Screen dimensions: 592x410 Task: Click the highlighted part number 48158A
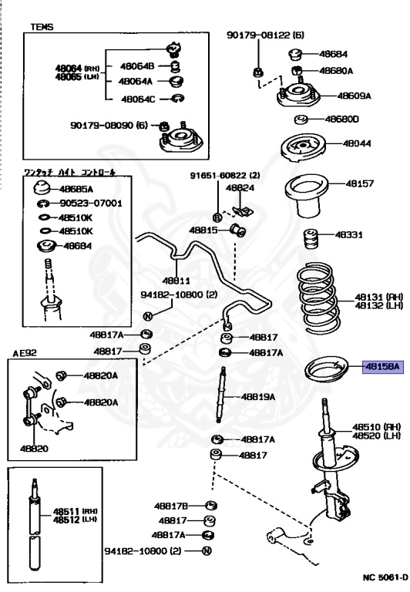382,368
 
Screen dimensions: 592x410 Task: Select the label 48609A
354,96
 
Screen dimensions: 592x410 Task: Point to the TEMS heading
42,26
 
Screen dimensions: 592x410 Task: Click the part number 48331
347,234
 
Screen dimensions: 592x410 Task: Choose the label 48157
359,184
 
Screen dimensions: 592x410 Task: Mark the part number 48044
357,143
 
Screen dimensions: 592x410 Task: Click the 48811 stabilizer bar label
176,281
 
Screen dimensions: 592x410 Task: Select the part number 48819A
257,397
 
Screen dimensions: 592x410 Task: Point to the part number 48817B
170,506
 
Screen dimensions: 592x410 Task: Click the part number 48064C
138,99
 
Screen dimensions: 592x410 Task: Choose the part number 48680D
341,119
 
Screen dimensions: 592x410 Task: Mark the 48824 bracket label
240,187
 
